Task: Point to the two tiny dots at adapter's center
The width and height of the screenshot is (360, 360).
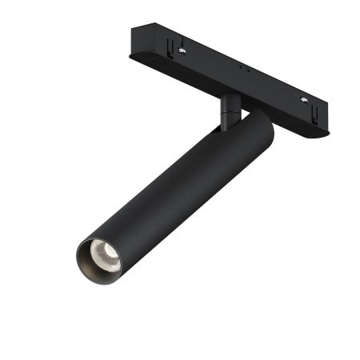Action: [x=243, y=70]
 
